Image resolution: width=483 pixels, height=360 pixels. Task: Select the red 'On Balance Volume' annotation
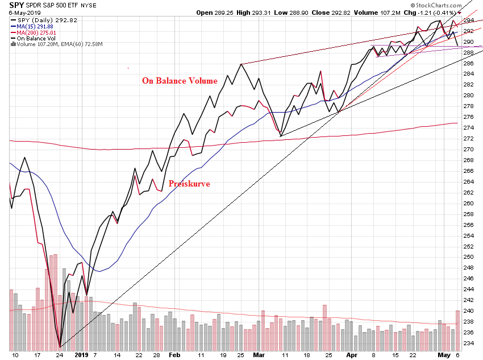[180, 81]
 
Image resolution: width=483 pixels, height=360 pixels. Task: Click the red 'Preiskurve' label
[189, 184]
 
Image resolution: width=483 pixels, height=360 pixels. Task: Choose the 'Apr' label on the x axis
[351, 354]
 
